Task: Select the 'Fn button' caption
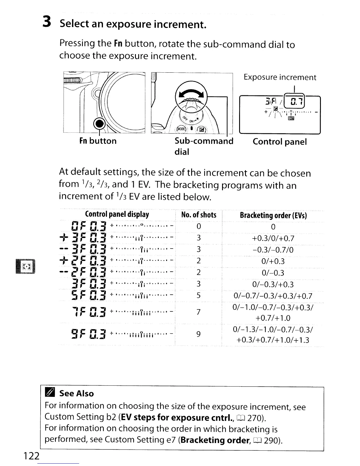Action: point(98,141)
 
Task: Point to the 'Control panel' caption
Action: point(279,142)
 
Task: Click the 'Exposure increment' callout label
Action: point(280,77)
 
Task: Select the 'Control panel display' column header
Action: point(117,214)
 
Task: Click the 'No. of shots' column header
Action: point(199,215)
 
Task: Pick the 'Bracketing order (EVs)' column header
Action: point(273,215)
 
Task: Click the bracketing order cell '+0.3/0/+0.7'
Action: point(273,238)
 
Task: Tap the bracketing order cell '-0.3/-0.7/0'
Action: point(273,250)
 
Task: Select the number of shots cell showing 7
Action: point(199,312)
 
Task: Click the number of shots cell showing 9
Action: point(199,334)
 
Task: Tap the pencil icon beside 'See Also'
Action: point(49,393)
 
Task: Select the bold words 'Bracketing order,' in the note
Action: point(215,440)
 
